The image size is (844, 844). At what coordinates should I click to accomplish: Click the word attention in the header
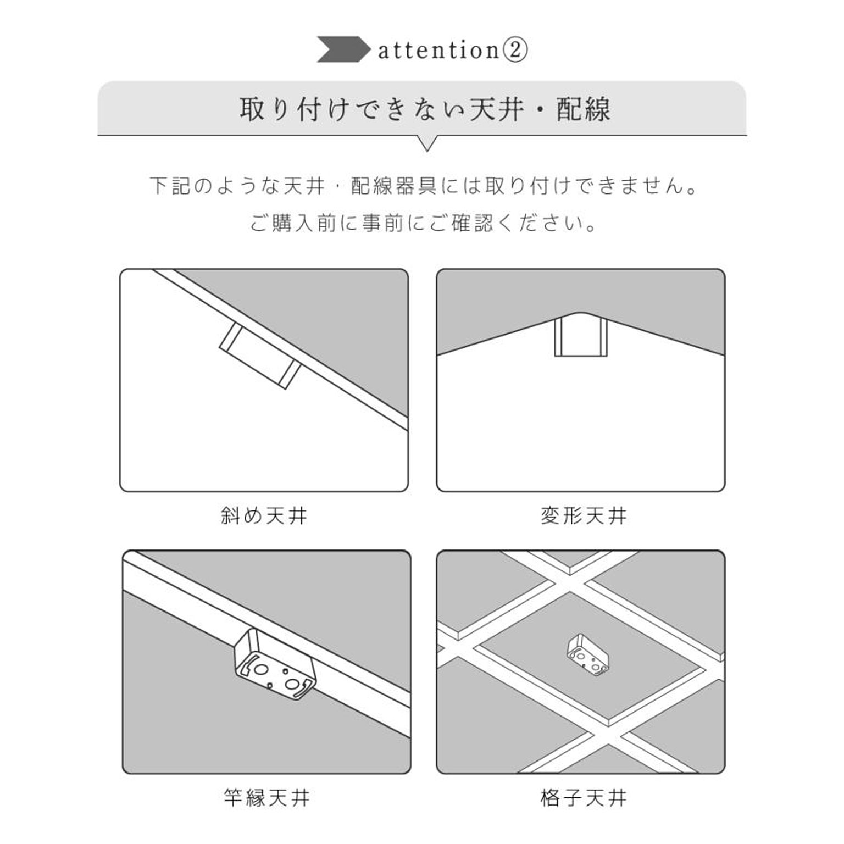438,51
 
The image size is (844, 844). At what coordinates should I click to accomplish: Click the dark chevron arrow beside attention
342,49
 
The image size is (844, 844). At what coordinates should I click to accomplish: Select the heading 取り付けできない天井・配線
424,109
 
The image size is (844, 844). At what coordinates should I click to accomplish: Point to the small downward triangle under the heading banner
427,143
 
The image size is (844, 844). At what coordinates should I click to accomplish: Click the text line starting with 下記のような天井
424,186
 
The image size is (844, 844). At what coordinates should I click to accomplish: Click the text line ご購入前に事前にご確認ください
423,223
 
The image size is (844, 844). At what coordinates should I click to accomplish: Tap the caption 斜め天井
264,515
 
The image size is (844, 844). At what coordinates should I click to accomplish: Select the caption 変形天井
583,515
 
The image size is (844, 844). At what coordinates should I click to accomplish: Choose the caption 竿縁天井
266,797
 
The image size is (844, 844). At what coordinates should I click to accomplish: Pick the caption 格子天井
583,797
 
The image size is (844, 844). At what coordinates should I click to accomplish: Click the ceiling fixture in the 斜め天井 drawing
259,356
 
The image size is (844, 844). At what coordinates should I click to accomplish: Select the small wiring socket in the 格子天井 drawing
587,654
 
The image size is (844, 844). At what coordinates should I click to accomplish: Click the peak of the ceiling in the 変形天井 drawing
580,314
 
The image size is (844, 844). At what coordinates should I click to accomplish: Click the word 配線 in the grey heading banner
583,109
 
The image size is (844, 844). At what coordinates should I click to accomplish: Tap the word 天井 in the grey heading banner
497,109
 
